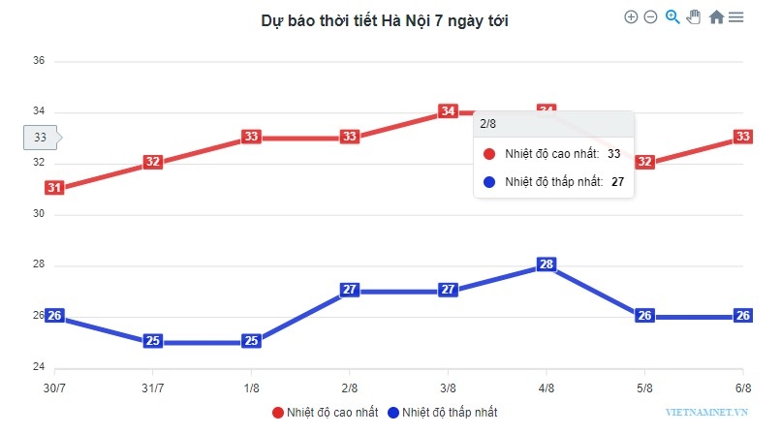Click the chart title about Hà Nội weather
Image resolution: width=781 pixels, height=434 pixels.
[385, 20]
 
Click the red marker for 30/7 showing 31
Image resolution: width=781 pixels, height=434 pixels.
[54, 188]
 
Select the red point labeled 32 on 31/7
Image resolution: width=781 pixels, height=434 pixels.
[152, 163]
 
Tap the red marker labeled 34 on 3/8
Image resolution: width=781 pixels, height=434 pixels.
[448, 111]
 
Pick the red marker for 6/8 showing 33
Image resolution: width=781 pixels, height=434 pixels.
[743, 137]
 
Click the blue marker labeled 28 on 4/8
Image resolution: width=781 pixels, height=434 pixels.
[547, 264]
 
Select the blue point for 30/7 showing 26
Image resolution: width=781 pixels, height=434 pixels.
[54, 315]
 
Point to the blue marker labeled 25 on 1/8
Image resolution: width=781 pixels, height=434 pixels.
[251, 341]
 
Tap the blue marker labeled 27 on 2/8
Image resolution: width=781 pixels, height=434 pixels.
[350, 290]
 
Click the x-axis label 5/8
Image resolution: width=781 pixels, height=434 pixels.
[644, 387]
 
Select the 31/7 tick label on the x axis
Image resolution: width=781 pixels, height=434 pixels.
[152, 387]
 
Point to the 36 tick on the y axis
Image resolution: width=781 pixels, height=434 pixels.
[40, 61]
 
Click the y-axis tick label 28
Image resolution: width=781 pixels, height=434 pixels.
[40, 265]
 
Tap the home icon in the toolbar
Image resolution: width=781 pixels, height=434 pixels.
[716, 16]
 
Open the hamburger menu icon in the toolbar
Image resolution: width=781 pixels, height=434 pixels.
[736, 16]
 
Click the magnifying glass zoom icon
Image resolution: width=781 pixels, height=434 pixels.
[672, 16]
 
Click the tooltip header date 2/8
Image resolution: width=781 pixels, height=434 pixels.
[488, 124]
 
